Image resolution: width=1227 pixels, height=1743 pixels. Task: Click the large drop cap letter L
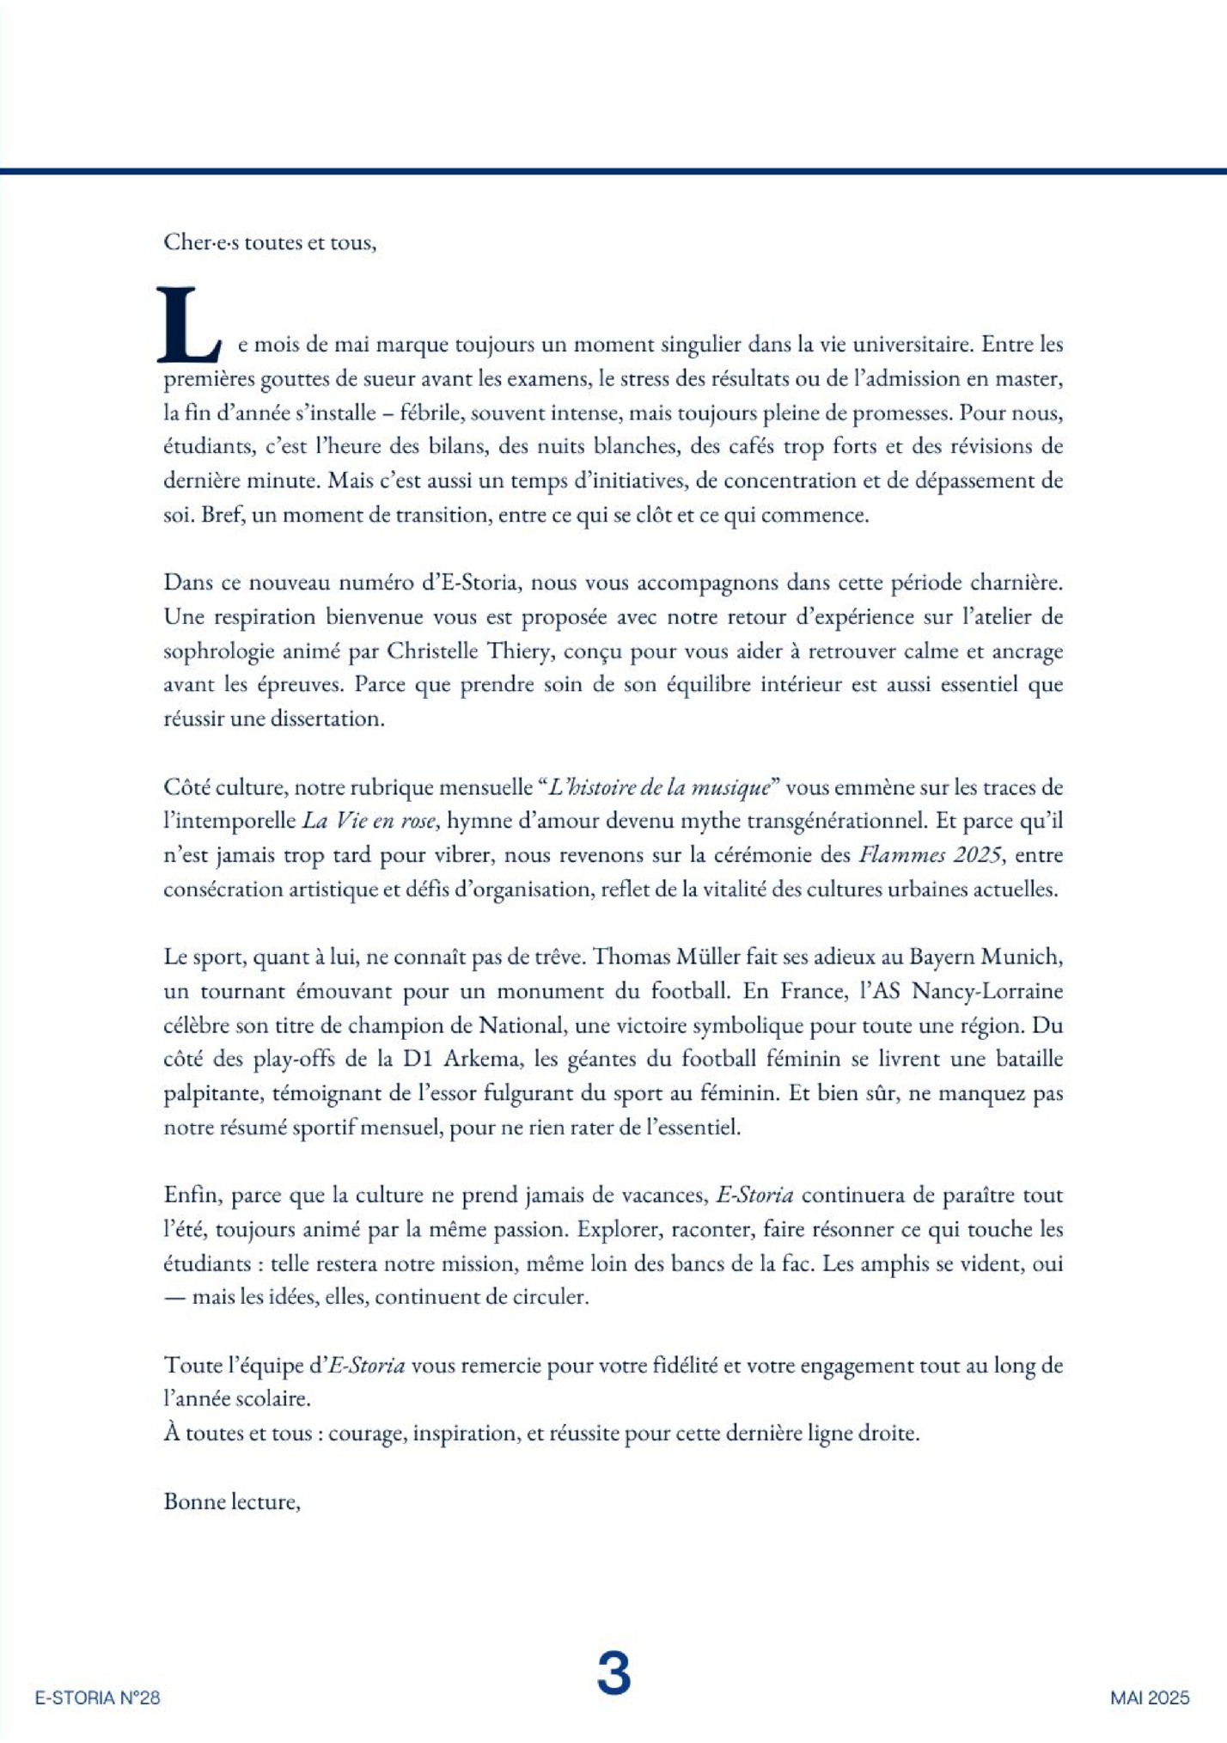click(x=187, y=325)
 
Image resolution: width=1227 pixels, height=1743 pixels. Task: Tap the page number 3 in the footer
click(x=613, y=1673)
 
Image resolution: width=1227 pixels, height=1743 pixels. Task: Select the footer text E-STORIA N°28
click(x=97, y=1697)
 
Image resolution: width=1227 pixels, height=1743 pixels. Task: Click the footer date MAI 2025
click(x=1150, y=1697)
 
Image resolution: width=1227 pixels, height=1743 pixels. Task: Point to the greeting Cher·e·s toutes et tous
click(x=270, y=242)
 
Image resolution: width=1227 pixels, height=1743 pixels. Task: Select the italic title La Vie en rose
click(x=369, y=821)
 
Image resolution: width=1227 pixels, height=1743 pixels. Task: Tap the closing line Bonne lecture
click(x=231, y=1501)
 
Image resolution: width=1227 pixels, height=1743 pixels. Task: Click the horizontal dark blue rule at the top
click(x=613, y=171)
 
